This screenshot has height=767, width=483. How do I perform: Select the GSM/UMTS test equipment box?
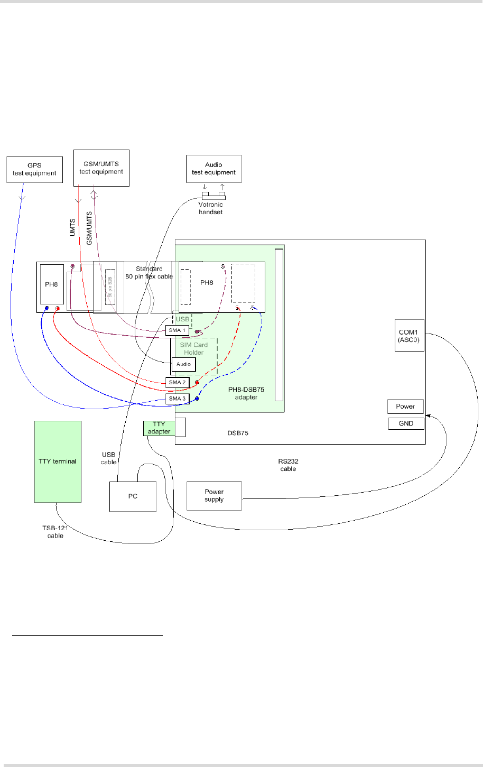click(101, 168)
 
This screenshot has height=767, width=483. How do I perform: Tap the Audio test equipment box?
click(214, 169)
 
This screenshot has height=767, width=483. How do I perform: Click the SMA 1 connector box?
click(177, 330)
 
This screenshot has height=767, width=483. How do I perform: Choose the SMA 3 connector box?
click(177, 398)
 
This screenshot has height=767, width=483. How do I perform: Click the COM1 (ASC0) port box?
click(410, 336)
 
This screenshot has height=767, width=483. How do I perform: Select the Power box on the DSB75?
click(405, 406)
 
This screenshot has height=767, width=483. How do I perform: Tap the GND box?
click(405, 423)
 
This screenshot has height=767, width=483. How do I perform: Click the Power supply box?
click(214, 496)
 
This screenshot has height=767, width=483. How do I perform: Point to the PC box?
click(133, 496)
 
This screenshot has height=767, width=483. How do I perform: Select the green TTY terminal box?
click(58, 461)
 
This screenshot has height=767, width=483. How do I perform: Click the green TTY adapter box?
click(159, 428)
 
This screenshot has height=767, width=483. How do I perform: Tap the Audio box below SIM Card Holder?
click(183, 364)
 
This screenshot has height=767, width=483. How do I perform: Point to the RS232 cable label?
click(288, 465)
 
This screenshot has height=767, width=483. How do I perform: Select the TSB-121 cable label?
click(55, 532)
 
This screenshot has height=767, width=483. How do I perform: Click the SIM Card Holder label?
click(194, 348)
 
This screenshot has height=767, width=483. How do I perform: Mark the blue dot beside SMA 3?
click(197, 398)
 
